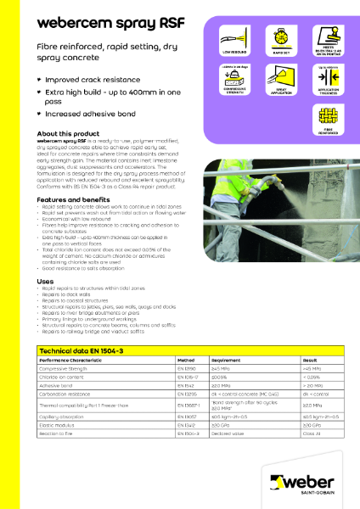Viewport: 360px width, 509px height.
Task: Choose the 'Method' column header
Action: tap(188, 361)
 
